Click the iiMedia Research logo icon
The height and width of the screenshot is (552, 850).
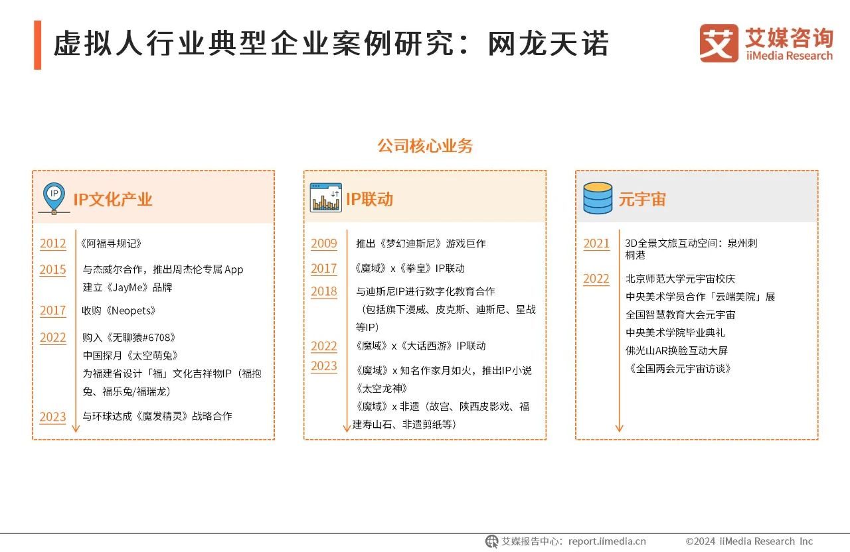click(x=719, y=44)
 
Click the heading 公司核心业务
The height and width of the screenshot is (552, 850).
click(x=425, y=146)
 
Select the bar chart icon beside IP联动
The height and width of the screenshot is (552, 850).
click(x=325, y=198)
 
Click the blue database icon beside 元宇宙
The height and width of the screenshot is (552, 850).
click(x=597, y=198)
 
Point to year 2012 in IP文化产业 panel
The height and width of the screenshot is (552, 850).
click(x=53, y=243)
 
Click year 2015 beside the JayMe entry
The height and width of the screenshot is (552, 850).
click(x=53, y=270)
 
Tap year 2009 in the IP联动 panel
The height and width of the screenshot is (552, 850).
click(x=324, y=243)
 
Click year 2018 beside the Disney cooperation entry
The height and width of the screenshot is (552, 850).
click(x=324, y=291)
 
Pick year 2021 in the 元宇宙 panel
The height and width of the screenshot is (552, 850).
click(x=596, y=243)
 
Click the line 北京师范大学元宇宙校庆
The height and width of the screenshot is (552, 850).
click(x=681, y=279)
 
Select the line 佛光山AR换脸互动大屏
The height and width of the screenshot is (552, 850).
click(x=677, y=350)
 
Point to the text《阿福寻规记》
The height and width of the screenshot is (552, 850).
click(x=111, y=243)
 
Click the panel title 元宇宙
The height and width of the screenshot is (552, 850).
click(x=641, y=199)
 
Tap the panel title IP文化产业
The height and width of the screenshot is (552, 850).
click(x=113, y=199)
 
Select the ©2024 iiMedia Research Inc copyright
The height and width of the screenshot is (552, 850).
click(x=749, y=541)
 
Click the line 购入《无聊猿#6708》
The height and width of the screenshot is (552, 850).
click(x=129, y=338)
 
